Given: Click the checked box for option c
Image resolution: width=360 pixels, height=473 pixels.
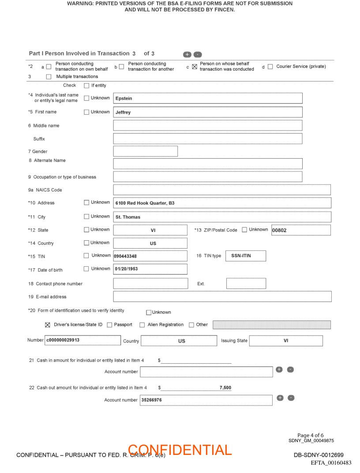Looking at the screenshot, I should pyautogui.click(x=195, y=67).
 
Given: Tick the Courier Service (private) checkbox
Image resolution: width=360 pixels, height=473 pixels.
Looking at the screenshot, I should pyautogui.click(x=270, y=67).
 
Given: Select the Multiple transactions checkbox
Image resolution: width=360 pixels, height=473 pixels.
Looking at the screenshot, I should pyautogui.click(x=49, y=77).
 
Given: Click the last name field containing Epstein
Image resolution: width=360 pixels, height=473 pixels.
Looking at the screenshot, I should pyautogui.click(x=207, y=98).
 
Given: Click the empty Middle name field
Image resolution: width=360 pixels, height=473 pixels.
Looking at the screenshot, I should pyautogui.click(x=207, y=126).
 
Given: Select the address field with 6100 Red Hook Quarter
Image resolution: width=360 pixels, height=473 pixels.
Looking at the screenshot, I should pyautogui.click(x=222, y=203).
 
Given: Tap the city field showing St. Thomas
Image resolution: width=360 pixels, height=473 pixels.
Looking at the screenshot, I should pyautogui.click(x=222, y=217).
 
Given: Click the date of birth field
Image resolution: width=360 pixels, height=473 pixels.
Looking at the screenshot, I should pyautogui.click(x=150, y=269).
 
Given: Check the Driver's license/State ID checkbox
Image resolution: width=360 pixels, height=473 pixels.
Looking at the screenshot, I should pyautogui.click(x=48, y=325).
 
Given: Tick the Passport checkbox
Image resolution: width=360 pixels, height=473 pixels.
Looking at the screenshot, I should pyautogui.click(x=109, y=325).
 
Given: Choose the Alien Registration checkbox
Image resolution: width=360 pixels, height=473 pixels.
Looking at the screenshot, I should pyautogui.click(x=142, y=325).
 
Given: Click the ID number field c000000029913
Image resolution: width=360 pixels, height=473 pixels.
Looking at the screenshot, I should pyautogui.click(x=82, y=340).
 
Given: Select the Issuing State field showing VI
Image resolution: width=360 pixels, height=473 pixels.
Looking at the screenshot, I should pyautogui.click(x=285, y=341).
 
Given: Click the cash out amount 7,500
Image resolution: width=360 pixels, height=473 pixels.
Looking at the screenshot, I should pyautogui.click(x=225, y=388).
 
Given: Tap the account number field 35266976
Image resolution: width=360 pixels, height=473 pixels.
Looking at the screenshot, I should pyautogui.click(x=206, y=400).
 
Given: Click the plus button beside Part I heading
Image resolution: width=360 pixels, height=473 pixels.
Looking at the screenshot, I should pyautogui.click(x=187, y=54).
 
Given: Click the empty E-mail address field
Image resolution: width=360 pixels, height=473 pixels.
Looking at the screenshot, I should pyautogui.click(x=222, y=297).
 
